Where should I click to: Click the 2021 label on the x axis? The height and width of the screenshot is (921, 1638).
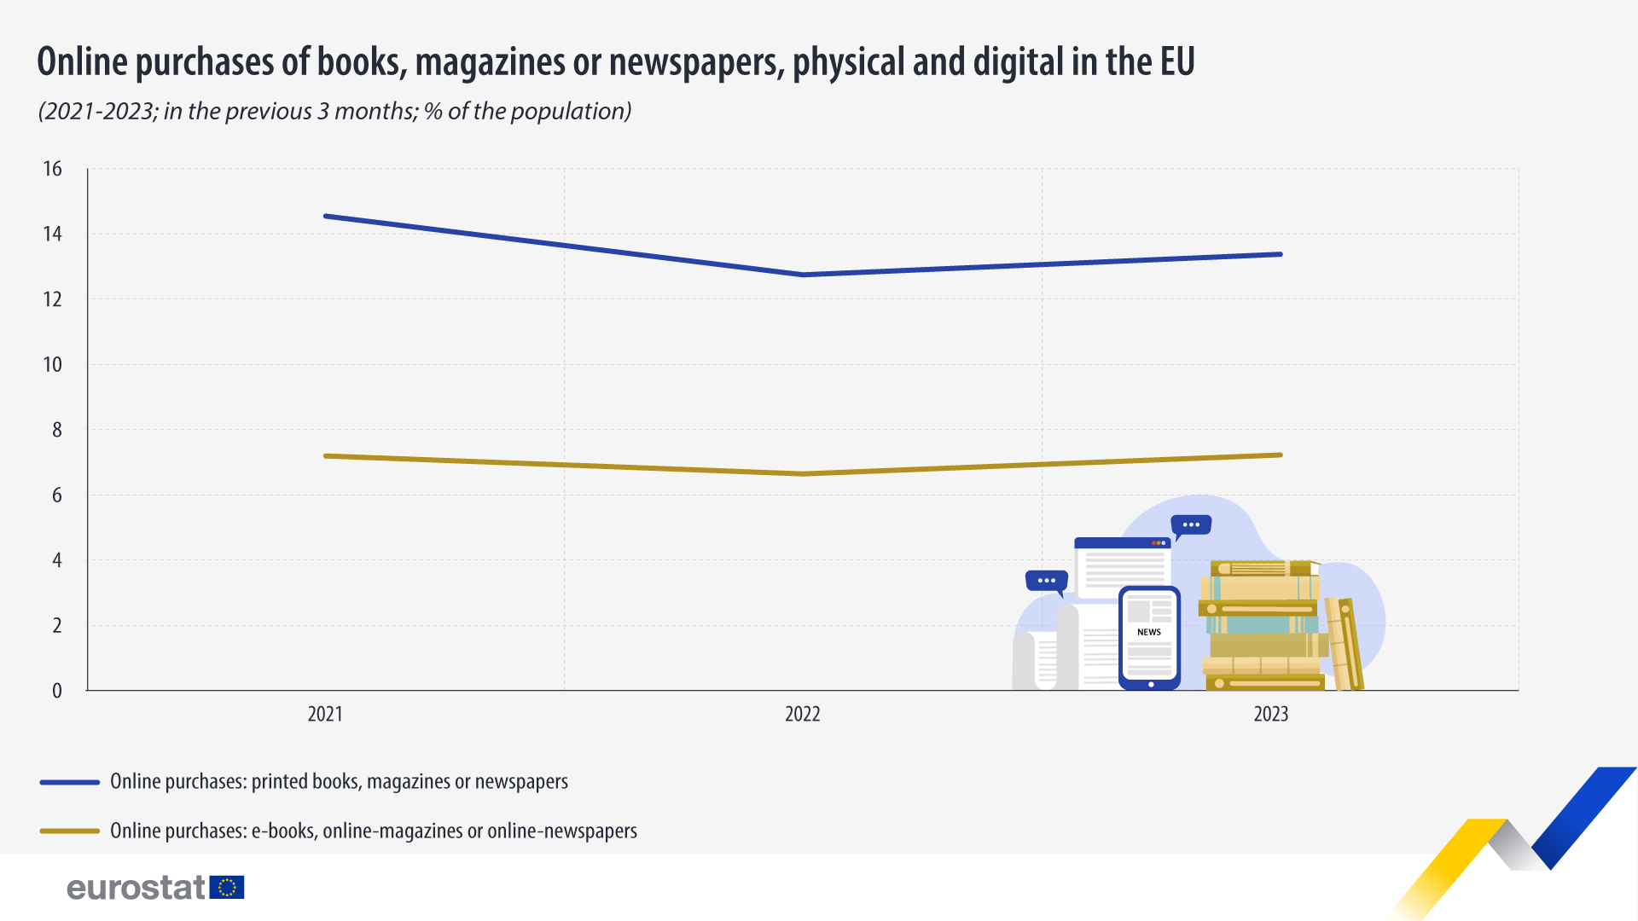pyautogui.click(x=325, y=714)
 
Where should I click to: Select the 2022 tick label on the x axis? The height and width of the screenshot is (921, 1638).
pyautogui.click(x=802, y=714)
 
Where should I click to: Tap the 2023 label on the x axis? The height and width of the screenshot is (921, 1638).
pyautogui.click(x=1270, y=714)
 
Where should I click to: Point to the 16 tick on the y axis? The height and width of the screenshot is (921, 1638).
pyautogui.click(x=53, y=169)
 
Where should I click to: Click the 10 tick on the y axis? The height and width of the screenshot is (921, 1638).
pyautogui.click(x=53, y=365)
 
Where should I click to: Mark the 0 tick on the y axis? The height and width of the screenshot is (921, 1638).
pyautogui.click(x=57, y=691)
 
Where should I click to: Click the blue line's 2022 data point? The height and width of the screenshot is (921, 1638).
pyautogui.click(x=803, y=275)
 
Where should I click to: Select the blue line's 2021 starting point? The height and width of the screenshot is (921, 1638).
pyautogui.click(x=326, y=217)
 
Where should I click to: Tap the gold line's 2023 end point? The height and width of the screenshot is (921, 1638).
pyautogui.click(x=1280, y=455)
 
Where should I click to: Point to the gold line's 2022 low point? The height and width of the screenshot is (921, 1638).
pyautogui.click(x=803, y=473)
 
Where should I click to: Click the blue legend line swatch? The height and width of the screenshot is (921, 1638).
pyautogui.click(x=70, y=782)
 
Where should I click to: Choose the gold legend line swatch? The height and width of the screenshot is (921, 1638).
pyautogui.click(x=70, y=831)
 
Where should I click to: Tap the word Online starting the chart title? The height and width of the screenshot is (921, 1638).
pyautogui.click(x=83, y=62)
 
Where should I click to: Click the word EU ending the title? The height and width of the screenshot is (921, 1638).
pyautogui.click(x=1176, y=62)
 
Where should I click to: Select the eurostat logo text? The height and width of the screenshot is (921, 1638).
pyautogui.click(x=136, y=888)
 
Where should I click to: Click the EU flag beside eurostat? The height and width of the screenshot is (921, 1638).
pyautogui.click(x=227, y=888)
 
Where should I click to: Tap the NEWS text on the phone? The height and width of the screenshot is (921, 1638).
pyautogui.click(x=1149, y=632)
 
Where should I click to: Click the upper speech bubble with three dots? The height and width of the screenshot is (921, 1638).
pyautogui.click(x=1191, y=525)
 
